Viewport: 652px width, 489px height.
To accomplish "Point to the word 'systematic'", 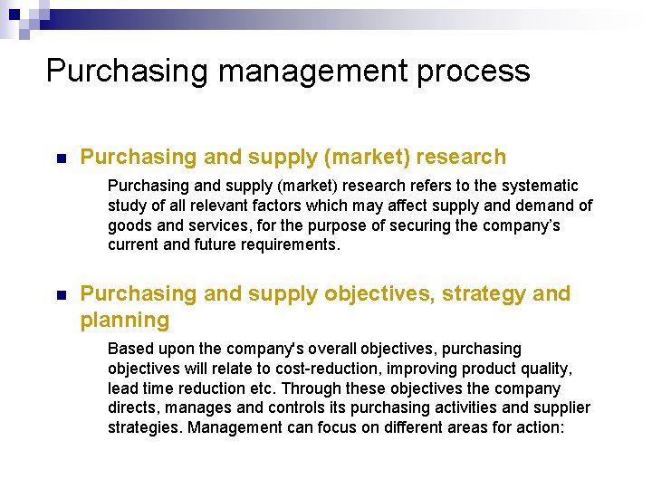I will pos(542,186).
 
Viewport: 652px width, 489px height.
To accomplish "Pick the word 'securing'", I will pos(421,225).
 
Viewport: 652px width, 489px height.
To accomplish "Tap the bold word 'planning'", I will pos(125,321).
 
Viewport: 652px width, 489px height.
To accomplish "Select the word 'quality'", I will pos(547,369).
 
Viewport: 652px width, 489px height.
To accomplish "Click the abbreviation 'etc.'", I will pos(263,388).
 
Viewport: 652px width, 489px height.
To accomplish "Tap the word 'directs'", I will pos(133,408).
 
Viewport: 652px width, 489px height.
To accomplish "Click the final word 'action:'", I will pos(541,427).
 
